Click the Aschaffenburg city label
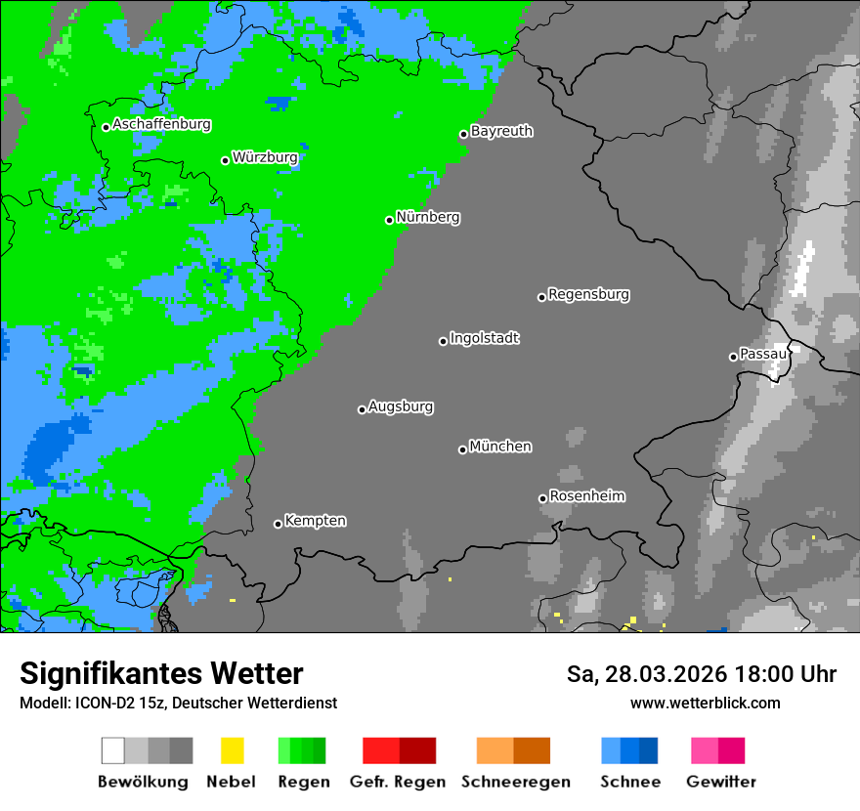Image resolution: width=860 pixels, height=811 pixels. pyautogui.click(x=161, y=125)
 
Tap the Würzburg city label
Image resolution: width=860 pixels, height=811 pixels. pyautogui.click(x=265, y=157)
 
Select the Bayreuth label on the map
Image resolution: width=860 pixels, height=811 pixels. pyautogui.click(x=501, y=131)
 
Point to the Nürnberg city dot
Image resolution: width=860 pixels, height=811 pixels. pyautogui.click(x=389, y=220)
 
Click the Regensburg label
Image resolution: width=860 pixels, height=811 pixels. pyautogui.click(x=588, y=294)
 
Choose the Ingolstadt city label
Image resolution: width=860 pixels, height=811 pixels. pyautogui.click(x=484, y=339)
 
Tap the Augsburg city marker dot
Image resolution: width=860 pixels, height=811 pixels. pyautogui.click(x=362, y=409)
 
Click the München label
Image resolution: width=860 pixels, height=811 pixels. pyautogui.click(x=500, y=447)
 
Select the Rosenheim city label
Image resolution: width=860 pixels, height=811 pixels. pyautogui.click(x=586, y=496)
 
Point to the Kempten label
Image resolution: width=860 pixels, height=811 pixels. pyautogui.click(x=315, y=521)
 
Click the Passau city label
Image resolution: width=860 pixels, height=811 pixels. pyautogui.click(x=763, y=354)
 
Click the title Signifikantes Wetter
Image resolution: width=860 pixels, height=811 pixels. pyautogui.click(x=161, y=673)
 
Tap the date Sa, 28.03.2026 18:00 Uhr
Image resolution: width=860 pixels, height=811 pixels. pyautogui.click(x=701, y=674)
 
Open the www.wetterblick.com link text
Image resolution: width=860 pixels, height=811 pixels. pyautogui.click(x=705, y=703)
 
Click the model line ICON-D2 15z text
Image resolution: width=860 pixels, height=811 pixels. pyautogui.click(x=178, y=703)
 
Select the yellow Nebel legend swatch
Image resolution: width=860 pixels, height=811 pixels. pyautogui.click(x=232, y=750)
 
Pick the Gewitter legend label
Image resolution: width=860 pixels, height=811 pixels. pyautogui.click(x=720, y=782)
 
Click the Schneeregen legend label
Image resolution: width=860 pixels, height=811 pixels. pyautogui.click(x=515, y=782)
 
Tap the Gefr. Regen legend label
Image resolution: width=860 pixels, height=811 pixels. pyautogui.click(x=398, y=782)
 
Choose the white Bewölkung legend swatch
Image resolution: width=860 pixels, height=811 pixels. pyautogui.click(x=112, y=750)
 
